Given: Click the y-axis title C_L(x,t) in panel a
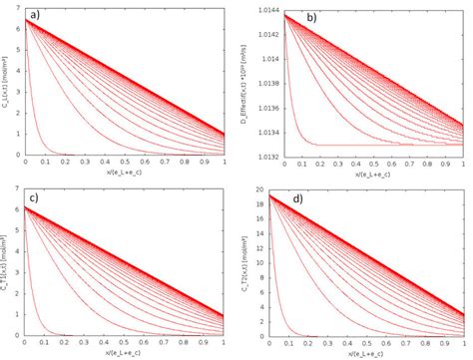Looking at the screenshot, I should coord(7,79).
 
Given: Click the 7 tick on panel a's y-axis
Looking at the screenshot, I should coord(21,6).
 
